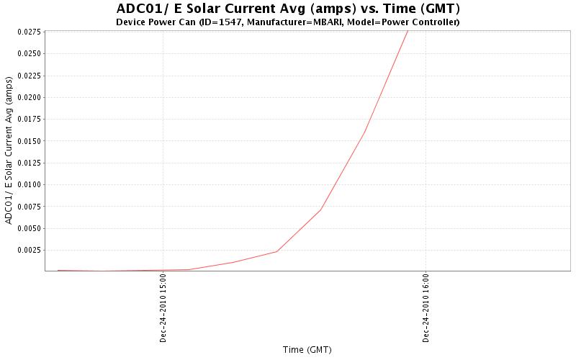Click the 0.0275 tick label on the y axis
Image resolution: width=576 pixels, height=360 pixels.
[x=31, y=32]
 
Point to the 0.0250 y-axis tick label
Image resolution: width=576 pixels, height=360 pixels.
[x=31, y=53]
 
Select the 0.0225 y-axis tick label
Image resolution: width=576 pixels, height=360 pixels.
[x=31, y=76]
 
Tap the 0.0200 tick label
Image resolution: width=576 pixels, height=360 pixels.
[x=31, y=97]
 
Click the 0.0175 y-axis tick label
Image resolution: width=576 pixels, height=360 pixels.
[x=31, y=119]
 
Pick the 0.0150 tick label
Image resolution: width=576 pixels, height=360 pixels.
[x=31, y=141]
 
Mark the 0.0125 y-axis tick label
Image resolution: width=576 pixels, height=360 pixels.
[x=31, y=163]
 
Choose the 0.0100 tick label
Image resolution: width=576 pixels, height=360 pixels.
[x=31, y=184]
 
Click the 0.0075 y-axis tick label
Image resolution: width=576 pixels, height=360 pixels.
[x=31, y=207]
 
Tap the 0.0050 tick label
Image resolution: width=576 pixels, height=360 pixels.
[x=31, y=228]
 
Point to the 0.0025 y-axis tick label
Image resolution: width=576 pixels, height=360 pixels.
[x=31, y=250]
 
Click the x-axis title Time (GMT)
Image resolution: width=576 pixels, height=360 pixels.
[x=307, y=349]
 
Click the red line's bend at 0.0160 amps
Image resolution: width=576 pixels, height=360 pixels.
[x=365, y=132]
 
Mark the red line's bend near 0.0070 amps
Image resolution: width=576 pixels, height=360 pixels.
[x=320, y=210]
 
